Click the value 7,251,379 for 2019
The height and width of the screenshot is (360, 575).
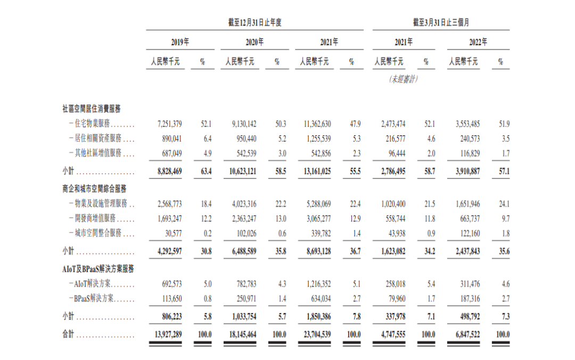pyautogui.click(x=170, y=124)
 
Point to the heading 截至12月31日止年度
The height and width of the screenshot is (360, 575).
pyautogui.click(x=254, y=22)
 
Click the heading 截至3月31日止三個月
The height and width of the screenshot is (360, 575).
pyautogui.click(x=441, y=22)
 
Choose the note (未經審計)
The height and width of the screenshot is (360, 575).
pyautogui.click(x=404, y=79)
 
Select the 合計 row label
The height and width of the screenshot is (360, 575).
pyautogui.click(x=68, y=334)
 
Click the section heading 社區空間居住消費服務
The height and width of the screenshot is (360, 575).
pyautogui.click(x=92, y=108)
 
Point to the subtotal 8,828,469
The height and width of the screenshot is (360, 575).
pyautogui.click(x=170, y=171)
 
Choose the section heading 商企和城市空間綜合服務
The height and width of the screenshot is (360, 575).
pyautogui.click(x=95, y=189)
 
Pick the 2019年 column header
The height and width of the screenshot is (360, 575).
pyautogui.click(x=180, y=42)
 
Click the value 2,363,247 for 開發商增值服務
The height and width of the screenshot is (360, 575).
pyautogui.click(x=244, y=219)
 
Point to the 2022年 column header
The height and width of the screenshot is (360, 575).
pyautogui.click(x=478, y=42)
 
